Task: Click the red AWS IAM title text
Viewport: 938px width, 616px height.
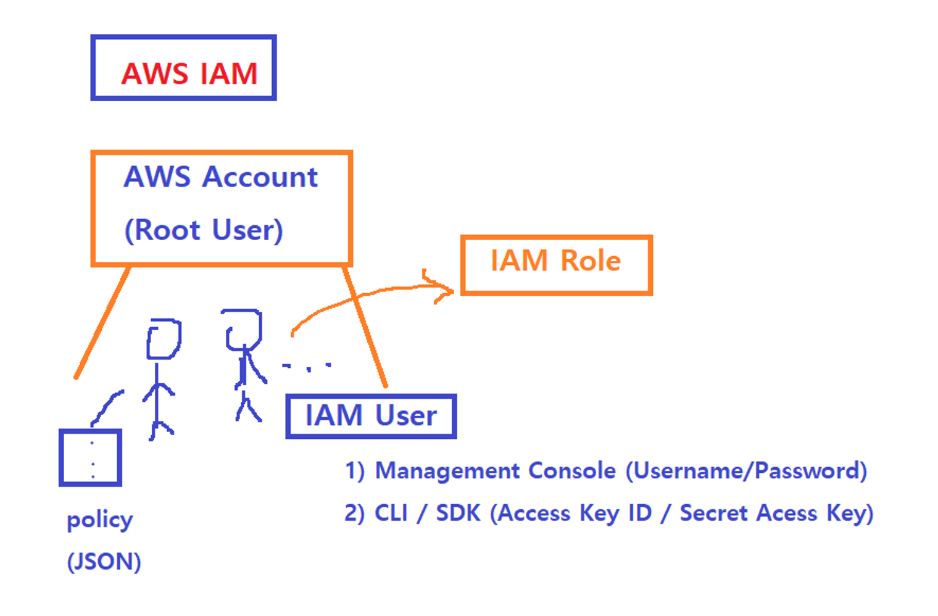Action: tap(189, 74)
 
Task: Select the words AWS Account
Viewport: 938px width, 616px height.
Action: tap(220, 177)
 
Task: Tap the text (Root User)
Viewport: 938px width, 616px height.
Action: tap(204, 230)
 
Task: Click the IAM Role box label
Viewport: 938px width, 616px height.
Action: tap(555, 260)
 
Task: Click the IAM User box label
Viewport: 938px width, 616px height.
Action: tap(371, 415)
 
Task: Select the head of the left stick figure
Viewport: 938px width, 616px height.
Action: tap(164, 339)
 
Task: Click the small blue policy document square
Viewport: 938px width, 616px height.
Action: tap(90, 458)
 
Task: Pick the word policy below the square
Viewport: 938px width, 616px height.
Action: tap(100, 520)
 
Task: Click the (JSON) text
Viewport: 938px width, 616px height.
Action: tap(104, 562)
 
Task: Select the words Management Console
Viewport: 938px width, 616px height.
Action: tap(496, 471)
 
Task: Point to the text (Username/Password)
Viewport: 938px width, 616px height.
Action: tap(746, 471)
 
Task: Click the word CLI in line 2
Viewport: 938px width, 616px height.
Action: tap(391, 513)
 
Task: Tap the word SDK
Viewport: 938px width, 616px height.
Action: tap(458, 513)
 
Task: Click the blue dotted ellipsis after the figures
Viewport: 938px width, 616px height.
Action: tap(307, 367)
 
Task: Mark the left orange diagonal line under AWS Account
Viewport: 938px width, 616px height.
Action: tap(102, 322)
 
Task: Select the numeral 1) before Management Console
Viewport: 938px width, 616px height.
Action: tap(354, 471)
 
